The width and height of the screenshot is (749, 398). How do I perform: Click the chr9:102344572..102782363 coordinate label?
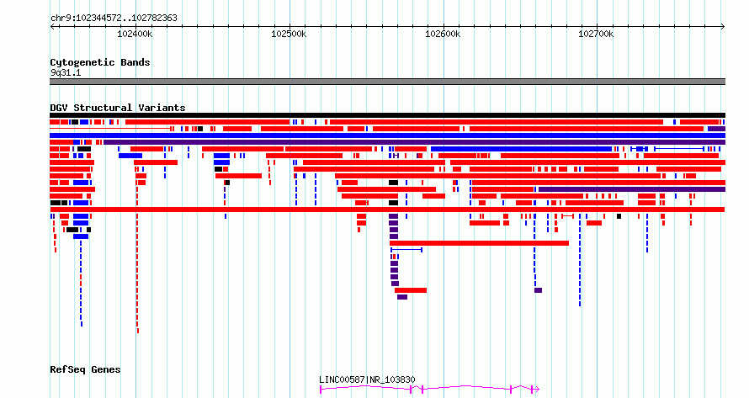pos(114,18)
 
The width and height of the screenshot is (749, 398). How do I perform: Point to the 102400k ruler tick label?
pos(135,34)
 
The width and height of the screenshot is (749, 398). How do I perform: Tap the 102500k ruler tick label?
pos(289,34)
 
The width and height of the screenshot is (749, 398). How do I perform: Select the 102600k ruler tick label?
pos(443,34)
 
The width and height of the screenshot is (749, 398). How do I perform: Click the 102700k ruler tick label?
pos(596,34)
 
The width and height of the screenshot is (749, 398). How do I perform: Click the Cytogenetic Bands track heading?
pos(100,62)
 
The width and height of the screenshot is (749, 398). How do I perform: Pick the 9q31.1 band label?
pos(66,72)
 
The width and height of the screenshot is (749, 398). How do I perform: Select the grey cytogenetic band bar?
pos(387,82)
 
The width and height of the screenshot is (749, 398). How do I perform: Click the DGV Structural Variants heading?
pos(118,108)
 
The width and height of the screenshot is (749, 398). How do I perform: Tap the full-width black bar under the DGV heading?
pos(387,115)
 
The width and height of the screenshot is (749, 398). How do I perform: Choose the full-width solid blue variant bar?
pos(387,135)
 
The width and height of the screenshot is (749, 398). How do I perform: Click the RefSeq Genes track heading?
pos(85,369)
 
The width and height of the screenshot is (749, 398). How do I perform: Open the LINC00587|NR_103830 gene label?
pos(367,379)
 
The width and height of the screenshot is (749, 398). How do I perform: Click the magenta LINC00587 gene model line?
pos(429,388)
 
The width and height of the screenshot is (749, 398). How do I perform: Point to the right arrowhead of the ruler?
pos(723,27)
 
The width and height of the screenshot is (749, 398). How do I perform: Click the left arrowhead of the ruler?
pos(52,27)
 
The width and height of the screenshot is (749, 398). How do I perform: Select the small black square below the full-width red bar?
pos(619,216)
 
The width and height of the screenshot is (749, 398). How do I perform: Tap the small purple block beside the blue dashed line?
pos(539,290)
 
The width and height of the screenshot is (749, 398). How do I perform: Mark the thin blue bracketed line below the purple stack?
pos(406,250)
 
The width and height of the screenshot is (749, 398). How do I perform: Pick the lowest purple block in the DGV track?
pos(402,297)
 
